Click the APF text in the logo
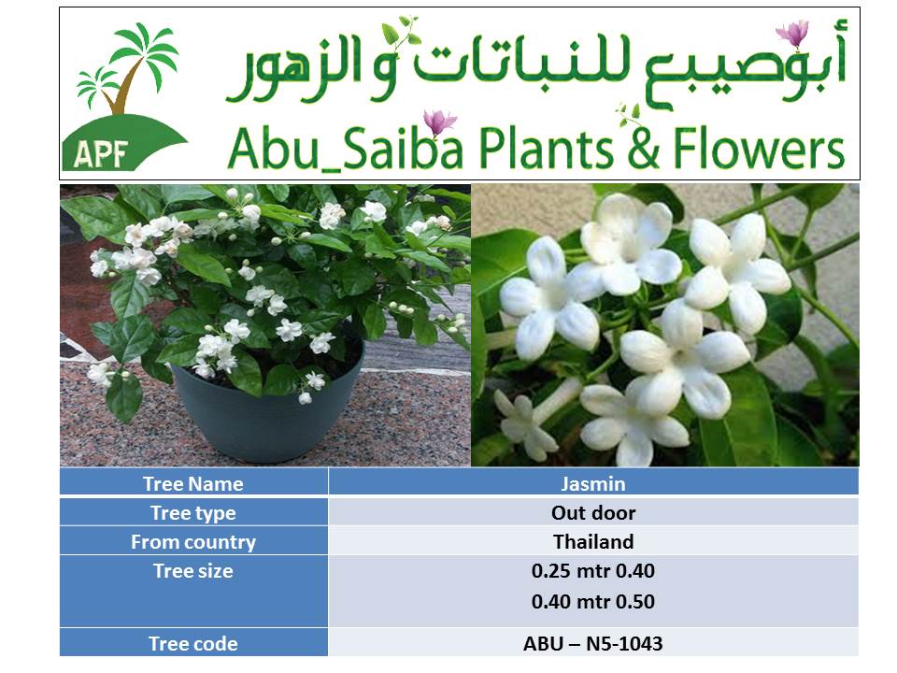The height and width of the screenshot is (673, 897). (x=100, y=152)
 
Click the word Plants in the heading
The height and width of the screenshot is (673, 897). (x=546, y=149)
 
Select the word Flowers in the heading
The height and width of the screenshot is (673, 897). (x=759, y=149)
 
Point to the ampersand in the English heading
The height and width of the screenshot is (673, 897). (x=643, y=149)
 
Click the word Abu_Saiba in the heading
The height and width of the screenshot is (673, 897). (x=345, y=149)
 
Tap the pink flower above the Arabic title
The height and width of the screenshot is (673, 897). (x=792, y=33)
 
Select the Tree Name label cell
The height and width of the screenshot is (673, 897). (x=193, y=482)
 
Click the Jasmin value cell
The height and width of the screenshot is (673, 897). (x=593, y=482)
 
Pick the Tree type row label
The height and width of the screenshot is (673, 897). (x=193, y=513)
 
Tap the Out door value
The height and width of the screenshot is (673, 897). (x=593, y=513)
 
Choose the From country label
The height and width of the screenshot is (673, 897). (x=193, y=542)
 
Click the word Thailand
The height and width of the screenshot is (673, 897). (x=593, y=541)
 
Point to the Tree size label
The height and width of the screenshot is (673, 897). (x=193, y=570)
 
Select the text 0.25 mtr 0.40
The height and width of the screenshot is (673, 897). (x=593, y=570)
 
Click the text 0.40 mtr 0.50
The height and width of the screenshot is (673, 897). (x=593, y=601)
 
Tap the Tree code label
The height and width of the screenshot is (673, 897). (x=193, y=643)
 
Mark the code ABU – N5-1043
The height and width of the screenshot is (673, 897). (x=593, y=643)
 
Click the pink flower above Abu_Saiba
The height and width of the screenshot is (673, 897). (x=439, y=122)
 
